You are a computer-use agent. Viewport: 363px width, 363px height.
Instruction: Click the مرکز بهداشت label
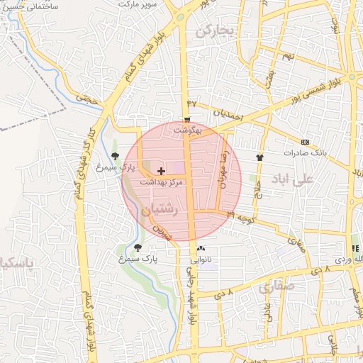click(162, 182)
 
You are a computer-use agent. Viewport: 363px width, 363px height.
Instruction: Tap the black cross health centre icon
click(161, 171)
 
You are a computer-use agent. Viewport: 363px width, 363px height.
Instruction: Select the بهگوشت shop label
click(190, 130)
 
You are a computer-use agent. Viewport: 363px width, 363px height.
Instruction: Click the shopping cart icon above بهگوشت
click(187, 119)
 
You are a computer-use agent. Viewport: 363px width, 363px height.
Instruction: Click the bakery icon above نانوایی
click(201, 249)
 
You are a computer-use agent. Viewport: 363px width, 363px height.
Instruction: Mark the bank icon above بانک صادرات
click(305, 141)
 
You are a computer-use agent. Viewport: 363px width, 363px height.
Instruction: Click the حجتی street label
click(89, 100)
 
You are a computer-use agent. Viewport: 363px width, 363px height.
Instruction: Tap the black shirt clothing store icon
click(259, 157)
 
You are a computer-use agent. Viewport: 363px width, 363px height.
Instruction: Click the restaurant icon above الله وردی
click(355, 249)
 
